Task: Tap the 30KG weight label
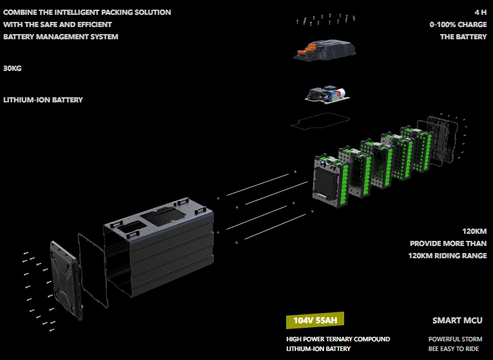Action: point(13,68)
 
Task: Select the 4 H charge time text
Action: point(480,12)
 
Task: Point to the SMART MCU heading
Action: point(457,320)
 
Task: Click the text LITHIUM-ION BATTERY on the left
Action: point(43,100)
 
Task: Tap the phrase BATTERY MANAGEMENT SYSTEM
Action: point(61,37)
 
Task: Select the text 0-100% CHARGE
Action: point(458,24)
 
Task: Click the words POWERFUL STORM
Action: point(455,339)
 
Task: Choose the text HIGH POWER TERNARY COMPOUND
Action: point(338,339)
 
